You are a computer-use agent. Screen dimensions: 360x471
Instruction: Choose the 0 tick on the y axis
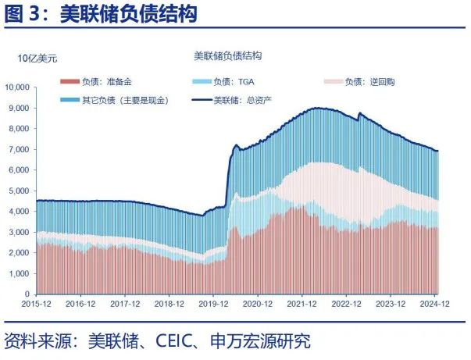(x=27, y=294)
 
